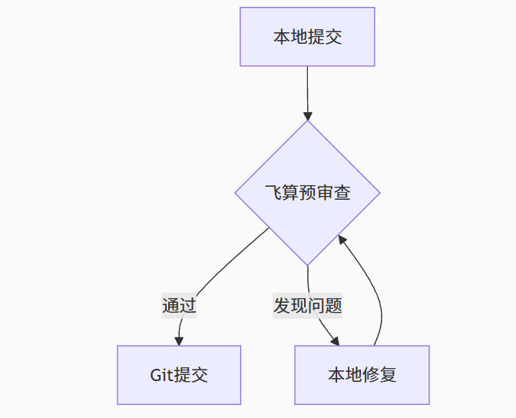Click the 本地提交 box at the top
tap(307, 37)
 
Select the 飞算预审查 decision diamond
tap(307, 193)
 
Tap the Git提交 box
tap(179, 375)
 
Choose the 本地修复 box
tap(362, 375)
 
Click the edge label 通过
tap(179, 306)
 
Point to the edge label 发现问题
tap(307, 306)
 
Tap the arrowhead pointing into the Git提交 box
tap(179, 340)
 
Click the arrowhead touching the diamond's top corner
tap(307, 115)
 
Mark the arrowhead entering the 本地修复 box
tap(335, 340)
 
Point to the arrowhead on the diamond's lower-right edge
tap(344, 241)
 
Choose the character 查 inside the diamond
tap(342, 193)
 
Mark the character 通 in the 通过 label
tap(170, 306)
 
